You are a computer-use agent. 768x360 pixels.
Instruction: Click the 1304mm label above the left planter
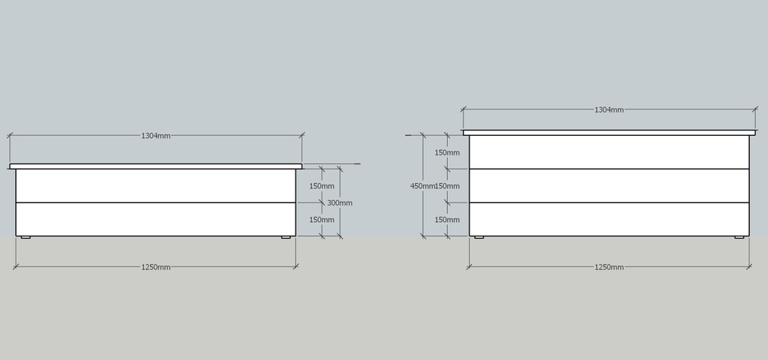(x=156, y=136)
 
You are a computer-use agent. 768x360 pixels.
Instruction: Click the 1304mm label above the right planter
(x=609, y=109)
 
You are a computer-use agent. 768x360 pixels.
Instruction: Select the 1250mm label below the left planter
(x=156, y=267)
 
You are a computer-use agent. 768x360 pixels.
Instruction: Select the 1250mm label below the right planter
(x=609, y=267)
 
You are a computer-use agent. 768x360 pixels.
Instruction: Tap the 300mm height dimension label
(x=340, y=202)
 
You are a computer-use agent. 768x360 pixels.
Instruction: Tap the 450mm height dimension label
(x=423, y=186)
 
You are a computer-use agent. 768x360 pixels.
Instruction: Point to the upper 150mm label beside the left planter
(x=322, y=186)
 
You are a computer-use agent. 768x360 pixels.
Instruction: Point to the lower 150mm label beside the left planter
(x=322, y=220)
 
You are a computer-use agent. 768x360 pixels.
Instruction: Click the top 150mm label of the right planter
(x=447, y=152)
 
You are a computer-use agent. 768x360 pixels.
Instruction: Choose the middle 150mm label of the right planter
(x=448, y=186)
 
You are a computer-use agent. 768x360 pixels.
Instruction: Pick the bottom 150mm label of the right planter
(x=447, y=220)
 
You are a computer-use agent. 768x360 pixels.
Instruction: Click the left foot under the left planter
(x=25, y=238)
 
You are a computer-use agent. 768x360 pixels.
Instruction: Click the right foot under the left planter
(x=286, y=238)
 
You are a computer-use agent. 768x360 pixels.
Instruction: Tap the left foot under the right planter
(x=479, y=238)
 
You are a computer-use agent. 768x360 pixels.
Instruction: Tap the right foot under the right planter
(x=739, y=238)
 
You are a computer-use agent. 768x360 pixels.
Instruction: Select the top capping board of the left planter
(x=156, y=166)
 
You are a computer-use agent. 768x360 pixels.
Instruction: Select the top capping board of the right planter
(x=609, y=133)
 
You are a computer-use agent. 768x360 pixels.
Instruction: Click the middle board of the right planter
(x=609, y=186)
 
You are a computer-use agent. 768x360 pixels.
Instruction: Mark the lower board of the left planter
(x=156, y=220)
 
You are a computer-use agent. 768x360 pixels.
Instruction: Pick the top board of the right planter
(x=609, y=152)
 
